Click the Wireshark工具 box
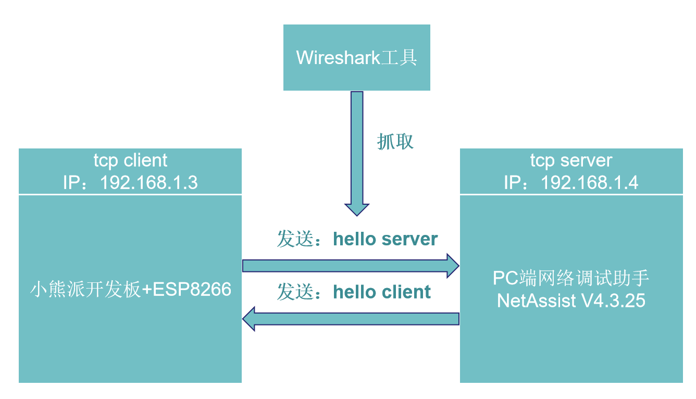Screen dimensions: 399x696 [356, 57]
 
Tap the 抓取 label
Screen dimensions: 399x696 [395, 141]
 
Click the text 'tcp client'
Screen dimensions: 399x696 [130, 160]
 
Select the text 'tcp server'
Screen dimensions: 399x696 [571, 160]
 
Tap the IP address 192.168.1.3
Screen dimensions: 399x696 [148, 182]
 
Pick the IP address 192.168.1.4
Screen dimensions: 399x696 [590, 182]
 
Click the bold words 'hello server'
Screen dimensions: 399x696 [386, 239]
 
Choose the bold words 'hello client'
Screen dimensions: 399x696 [382, 292]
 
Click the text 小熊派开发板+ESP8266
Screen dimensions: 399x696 [130, 289]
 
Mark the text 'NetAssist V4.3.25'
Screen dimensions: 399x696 [571, 301]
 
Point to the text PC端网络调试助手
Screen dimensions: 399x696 [571, 278]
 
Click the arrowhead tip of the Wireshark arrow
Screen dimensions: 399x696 [356, 214]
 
